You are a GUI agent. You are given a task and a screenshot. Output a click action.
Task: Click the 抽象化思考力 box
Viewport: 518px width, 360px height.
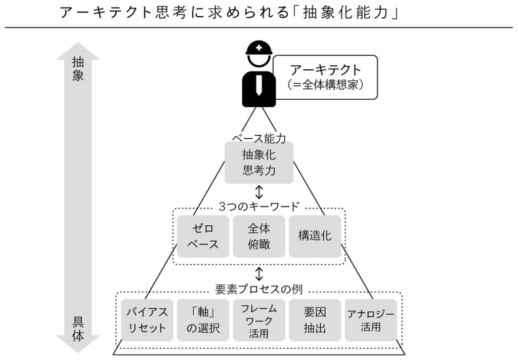258,162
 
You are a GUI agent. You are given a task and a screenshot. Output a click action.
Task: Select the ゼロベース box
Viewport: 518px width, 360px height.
203,236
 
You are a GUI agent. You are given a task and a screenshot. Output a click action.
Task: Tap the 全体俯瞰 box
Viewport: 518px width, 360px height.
259,236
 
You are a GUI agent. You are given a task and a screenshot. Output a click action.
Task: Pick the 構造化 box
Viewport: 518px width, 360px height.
315,236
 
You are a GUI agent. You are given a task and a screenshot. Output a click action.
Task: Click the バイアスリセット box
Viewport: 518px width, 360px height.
147,320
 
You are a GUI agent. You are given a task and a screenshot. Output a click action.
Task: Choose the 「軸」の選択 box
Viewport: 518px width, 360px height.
203,320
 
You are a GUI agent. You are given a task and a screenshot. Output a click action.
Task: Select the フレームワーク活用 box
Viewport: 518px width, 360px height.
259,320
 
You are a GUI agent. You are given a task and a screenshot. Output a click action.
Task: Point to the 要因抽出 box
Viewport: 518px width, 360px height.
315,320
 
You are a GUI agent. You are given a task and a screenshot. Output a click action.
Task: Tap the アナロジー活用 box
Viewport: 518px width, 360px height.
371,320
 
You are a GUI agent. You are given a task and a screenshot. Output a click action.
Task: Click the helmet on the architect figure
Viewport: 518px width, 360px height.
258,49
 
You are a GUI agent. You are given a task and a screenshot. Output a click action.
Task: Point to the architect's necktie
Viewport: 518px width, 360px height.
258,87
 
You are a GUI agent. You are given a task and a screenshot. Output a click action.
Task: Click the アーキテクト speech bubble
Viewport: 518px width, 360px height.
325,77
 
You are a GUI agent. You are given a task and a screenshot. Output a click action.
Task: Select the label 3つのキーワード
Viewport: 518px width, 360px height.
259,207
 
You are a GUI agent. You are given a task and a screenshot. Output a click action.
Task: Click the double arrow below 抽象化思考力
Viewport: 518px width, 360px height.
259,192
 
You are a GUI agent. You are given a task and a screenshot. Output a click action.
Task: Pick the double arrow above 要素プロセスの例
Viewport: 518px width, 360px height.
259,274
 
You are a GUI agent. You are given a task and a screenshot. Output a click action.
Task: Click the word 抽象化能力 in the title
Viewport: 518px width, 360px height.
344,12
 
